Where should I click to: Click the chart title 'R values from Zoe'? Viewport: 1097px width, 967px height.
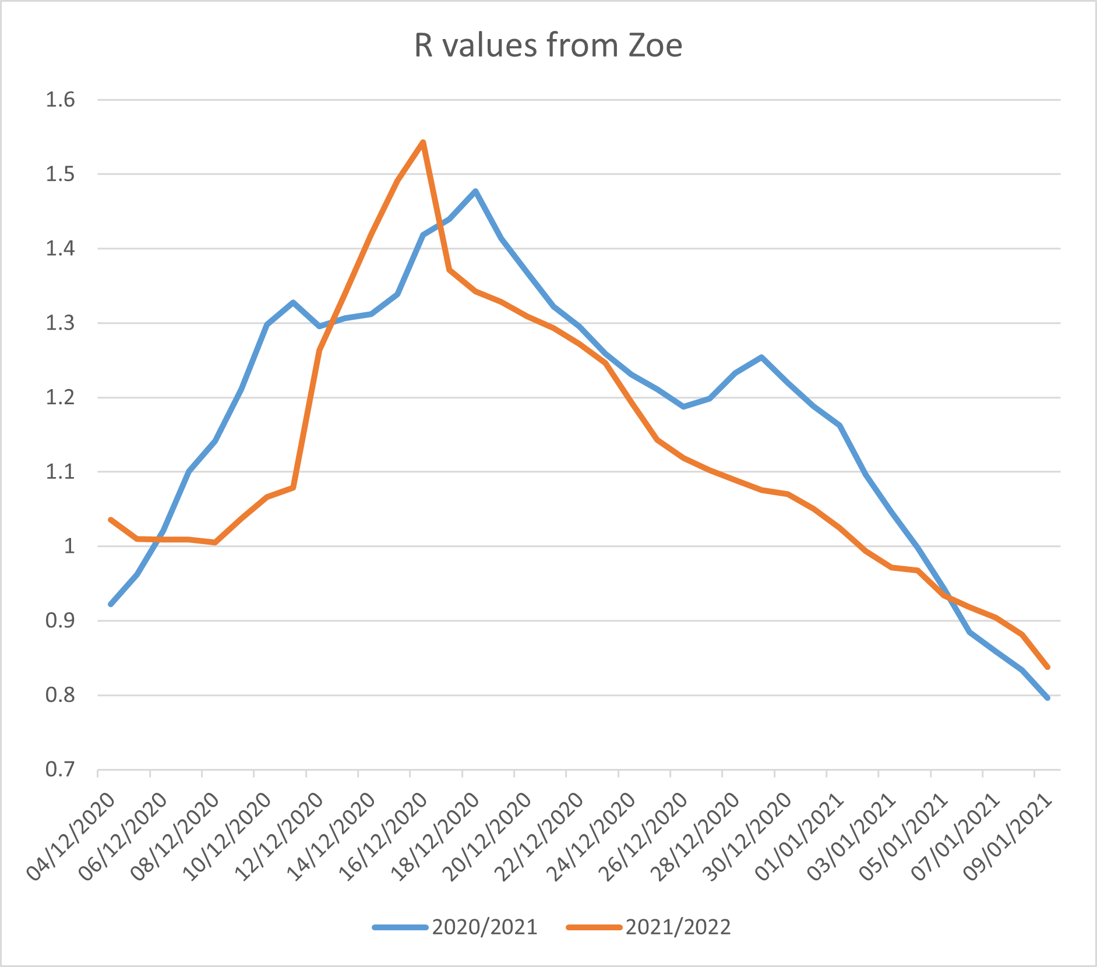(548, 45)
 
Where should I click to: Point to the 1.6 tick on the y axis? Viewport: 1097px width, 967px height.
(61, 100)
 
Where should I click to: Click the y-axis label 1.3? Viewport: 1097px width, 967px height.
(61, 323)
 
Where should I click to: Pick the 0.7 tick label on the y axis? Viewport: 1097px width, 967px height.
(61, 770)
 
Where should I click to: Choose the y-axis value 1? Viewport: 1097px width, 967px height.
(69, 546)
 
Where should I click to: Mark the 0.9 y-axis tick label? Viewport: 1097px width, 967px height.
(61, 621)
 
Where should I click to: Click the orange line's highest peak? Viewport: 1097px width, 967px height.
(423, 142)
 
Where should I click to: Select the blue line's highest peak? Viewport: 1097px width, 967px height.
(475, 191)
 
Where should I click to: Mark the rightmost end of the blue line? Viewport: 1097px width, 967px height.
(1047, 697)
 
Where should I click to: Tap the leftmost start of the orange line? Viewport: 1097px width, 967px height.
(111, 520)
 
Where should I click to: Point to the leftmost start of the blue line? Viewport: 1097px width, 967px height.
(111, 604)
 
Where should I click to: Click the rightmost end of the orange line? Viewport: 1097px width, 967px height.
(1047, 667)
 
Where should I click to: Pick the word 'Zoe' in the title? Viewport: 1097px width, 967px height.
(655, 45)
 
